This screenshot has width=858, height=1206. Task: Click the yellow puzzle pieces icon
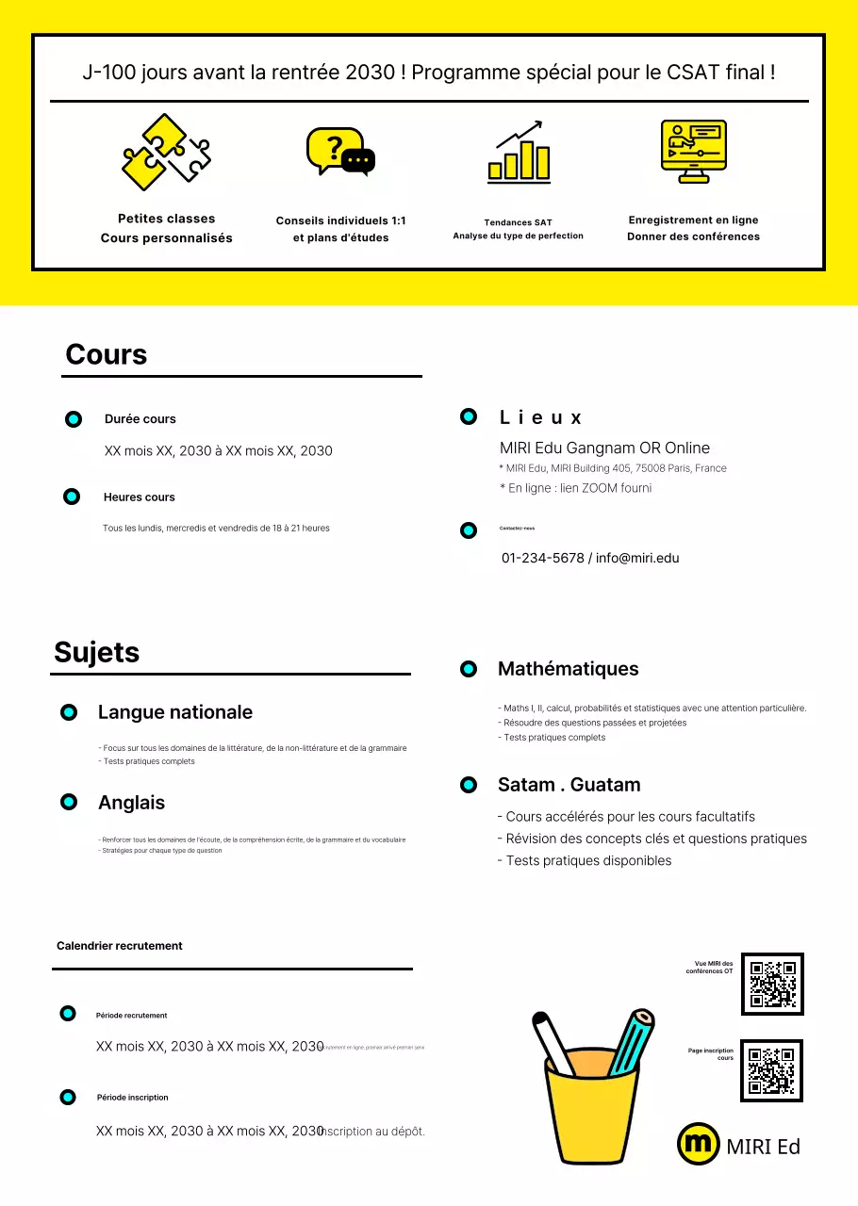click(166, 152)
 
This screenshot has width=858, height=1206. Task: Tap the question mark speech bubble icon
click(340, 152)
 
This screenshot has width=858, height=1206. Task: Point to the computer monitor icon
click(693, 152)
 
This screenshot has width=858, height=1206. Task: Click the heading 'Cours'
click(107, 355)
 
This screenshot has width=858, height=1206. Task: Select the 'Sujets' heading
click(97, 653)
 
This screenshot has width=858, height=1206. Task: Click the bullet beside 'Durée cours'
click(74, 419)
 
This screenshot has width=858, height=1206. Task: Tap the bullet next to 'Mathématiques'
click(469, 669)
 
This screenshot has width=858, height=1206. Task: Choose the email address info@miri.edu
click(637, 558)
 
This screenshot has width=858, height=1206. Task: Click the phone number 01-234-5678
click(542, 558)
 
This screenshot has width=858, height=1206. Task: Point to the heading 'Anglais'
click(131, 803)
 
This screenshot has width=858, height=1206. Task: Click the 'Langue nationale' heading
click(175, 712)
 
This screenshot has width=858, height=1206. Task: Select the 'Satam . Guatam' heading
click(569, 785)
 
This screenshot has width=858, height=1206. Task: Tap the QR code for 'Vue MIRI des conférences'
click(772, 984)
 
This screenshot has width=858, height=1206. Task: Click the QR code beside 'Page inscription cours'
click(771, 1070)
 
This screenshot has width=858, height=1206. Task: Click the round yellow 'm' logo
click(699, 1144)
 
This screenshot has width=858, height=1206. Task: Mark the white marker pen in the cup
click(553, 1044)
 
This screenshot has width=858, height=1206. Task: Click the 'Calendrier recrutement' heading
click(120, 946)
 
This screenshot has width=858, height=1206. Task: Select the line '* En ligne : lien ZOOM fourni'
click(575, 488)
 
